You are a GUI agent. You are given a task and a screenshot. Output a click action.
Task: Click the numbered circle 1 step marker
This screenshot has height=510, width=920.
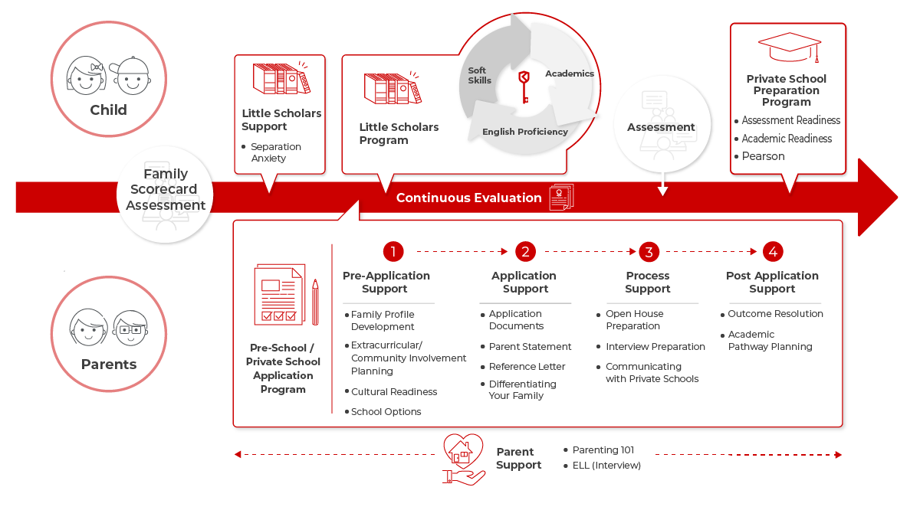(x=393, y=251)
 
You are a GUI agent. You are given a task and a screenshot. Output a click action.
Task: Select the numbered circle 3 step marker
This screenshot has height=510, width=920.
(x=649, y=251)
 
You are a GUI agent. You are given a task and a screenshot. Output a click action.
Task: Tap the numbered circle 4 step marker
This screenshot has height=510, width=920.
(x=773, y=251)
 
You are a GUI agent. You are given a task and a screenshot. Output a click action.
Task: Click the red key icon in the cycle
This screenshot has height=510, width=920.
(x=524, y=87)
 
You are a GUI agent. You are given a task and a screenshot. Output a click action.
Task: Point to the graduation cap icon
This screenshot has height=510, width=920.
(x=790, y=47)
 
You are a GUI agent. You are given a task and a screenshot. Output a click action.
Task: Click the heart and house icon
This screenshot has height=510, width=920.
(x=463, y=459)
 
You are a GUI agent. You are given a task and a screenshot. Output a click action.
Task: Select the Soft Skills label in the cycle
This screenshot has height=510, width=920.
(x=479, y=76)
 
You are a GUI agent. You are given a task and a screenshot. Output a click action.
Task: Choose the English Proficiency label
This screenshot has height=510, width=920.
(x=525, y=132)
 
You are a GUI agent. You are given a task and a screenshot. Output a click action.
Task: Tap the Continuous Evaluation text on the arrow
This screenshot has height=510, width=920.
(x=468, y=198)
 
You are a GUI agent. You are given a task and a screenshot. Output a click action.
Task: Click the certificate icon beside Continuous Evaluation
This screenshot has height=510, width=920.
(x=561, y=198)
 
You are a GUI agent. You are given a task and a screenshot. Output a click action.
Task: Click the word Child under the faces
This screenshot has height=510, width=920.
(x=108, y=110)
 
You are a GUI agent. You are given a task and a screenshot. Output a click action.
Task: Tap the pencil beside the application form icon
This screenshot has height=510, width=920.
(x=315, y=302)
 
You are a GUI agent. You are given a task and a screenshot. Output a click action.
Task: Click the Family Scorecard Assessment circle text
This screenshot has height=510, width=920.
(x=165, y=190)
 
